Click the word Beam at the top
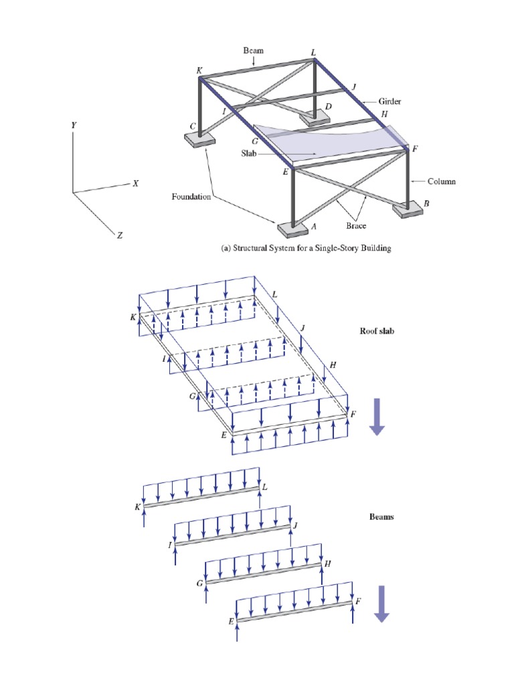tap(254, 50)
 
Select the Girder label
tap(390, 101)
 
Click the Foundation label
tap(191, 197)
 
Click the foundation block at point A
tap(292, 229)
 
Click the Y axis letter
tap(74, 126)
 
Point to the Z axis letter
tap(119, 236)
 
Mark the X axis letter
tap(135, 183)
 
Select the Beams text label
tap(381, 517)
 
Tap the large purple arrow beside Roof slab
tap(377, 416)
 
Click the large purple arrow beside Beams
tap(381, 603)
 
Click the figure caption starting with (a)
tap(306, 248)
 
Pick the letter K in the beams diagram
tap(137, 508)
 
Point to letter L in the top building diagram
tap(314, 52)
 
